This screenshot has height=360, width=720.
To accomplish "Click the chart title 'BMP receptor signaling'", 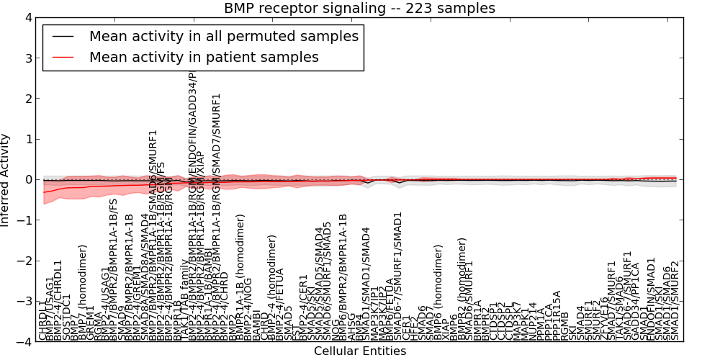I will pyautogui.click(x=359, y=9).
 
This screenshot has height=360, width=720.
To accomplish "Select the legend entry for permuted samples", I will pyautogui.click(x=223, y=36).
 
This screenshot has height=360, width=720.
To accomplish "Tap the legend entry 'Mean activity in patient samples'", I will pyautogui.click(x=204, y=57).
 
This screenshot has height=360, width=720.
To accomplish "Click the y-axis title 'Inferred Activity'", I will pyautogui.click(x=6, y=180).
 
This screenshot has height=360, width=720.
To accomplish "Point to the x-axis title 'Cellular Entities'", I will pyautogui.click(x=359, y=351).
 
